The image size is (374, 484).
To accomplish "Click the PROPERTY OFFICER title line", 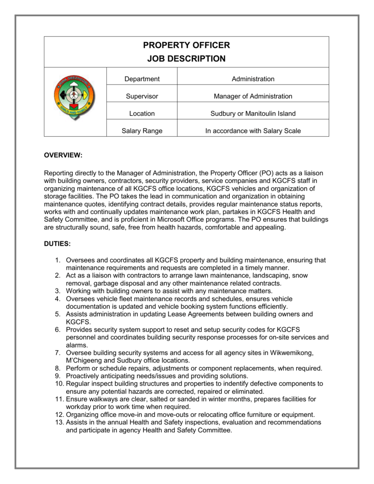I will pos(186,45).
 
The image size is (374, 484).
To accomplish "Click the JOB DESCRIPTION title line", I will pos(186,59).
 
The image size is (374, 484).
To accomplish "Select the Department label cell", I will pos(142,79).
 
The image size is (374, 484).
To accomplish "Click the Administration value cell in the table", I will pos(253,79).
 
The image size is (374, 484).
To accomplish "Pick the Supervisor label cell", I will pos(142,96).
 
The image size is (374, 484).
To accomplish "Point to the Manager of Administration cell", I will pos(253,96).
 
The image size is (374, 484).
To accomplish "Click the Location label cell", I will pos(142,113).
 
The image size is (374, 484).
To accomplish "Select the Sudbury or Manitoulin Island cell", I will pos(253,113).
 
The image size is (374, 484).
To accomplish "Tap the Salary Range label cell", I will pos(142,131).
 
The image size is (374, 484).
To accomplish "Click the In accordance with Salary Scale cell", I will pos(253,131).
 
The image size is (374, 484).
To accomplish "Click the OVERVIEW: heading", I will pos(63,156).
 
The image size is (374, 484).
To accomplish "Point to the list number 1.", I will pos(57,260).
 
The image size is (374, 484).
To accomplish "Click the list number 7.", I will pos(57,353).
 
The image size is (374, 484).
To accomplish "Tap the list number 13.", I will pos(55,422).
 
